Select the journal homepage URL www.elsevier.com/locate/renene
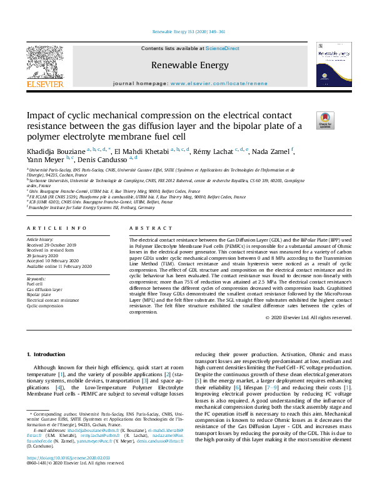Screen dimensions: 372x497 click(x=218, y=83)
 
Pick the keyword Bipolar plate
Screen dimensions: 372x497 click(x=40, y=294)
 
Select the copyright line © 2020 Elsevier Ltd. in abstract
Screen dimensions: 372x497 click(x=308, y=317)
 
